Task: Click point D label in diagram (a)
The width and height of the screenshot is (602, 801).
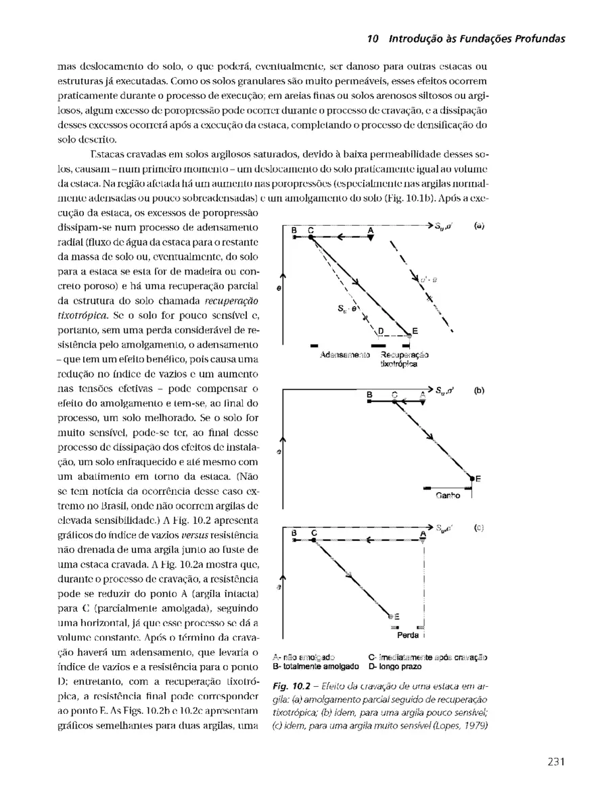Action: coord(381,331)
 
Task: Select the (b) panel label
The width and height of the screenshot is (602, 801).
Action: coord(479,390)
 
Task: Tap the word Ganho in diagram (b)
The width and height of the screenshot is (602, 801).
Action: coord(447,495)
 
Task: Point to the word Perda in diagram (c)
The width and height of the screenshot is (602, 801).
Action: coord(407,636)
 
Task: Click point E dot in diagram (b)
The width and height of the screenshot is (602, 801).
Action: coord(471,477)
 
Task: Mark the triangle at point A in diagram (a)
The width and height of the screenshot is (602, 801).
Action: coord(371,238)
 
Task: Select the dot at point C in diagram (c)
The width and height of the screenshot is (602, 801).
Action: coord(314,540)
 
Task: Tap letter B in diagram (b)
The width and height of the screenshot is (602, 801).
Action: coord(369,394)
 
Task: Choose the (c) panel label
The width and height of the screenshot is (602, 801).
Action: coord(479,527)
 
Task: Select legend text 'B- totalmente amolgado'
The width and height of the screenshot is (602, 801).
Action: coord(310,666)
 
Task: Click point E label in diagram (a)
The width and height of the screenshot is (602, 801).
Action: coord(415,331)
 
